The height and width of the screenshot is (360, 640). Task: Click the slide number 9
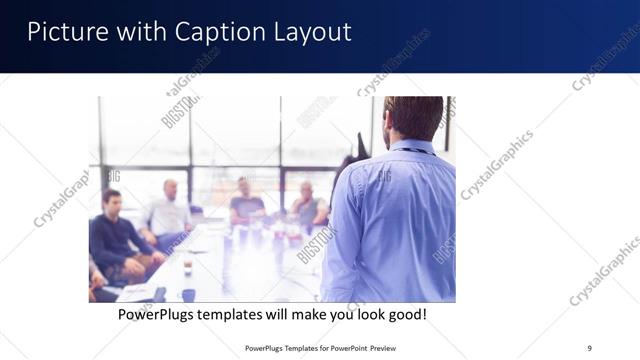click(x=588, y=347)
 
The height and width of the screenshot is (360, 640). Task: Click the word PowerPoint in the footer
click(x=342, y=347)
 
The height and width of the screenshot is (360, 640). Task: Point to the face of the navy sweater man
click(x=111, y=203)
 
